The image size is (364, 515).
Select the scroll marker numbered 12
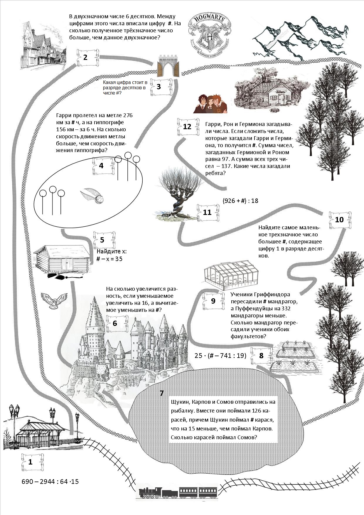187,127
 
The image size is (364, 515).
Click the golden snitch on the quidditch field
92,196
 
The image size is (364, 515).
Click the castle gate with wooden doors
168,66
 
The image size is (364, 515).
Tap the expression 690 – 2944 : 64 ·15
50,482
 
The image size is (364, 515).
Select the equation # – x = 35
109,259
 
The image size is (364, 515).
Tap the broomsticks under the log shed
65,276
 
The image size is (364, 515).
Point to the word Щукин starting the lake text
180,402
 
